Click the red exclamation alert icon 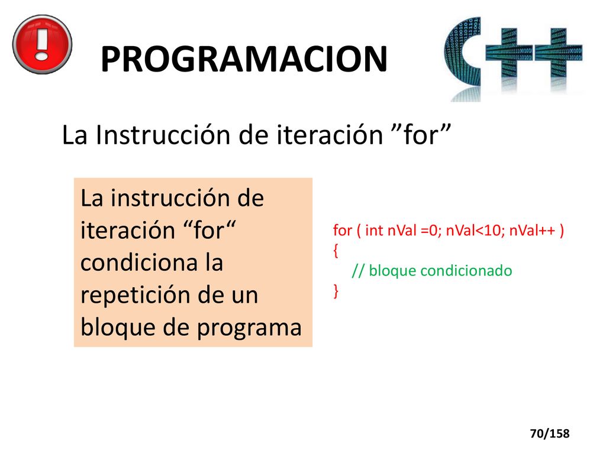[42, 44]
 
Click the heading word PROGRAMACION [244, 59]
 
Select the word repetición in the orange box [136, 296]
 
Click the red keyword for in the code [343, 230]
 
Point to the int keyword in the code [374, 230]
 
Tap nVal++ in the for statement [532, 231]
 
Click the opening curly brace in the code [336, 251]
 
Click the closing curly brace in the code [336, 291]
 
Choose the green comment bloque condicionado [440, 271]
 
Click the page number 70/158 [550, 433]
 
